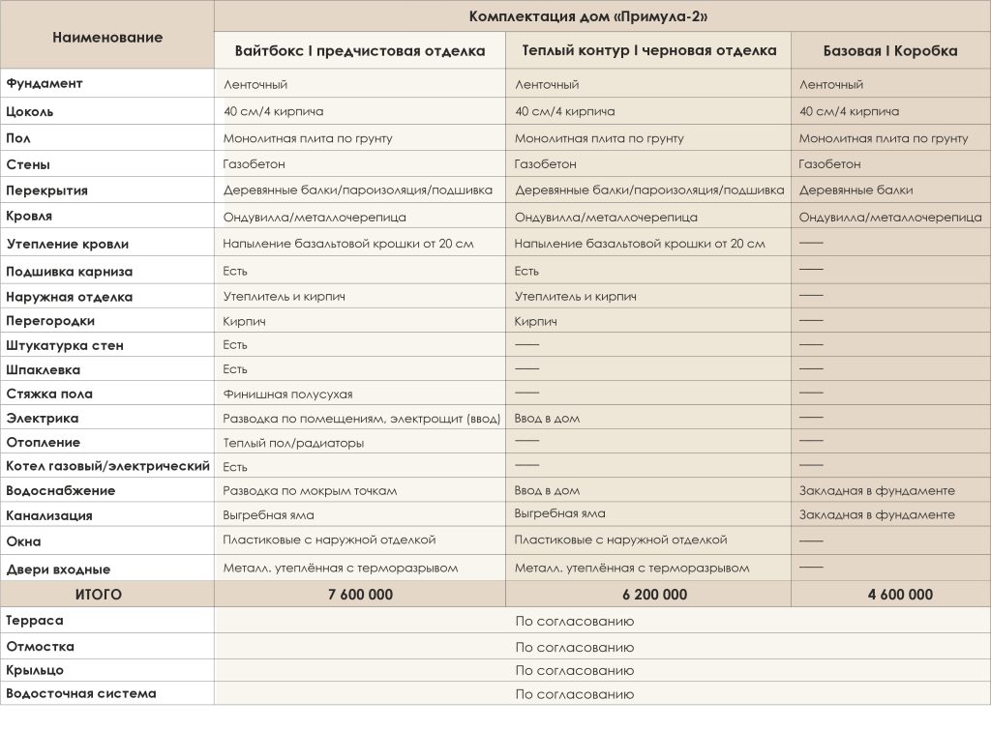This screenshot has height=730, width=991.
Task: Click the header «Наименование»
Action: click(x=107, y=38)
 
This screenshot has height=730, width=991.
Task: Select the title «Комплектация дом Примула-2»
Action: click(x=592, y=16)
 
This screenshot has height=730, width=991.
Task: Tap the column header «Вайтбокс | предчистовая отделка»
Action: click(x=360, y=51)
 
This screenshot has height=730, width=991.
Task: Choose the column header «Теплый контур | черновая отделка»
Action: click(x=648, y=51)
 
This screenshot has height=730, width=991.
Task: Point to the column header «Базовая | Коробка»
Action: click(x=890, y=51)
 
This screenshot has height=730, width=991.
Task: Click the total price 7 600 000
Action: click(x=360, y=595)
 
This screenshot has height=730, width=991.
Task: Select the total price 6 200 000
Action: click(x=648, y=595)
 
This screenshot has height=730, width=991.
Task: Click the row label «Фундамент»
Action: click(x=45, y=83)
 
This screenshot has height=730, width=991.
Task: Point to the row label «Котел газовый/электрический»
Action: click(x=107, y=466)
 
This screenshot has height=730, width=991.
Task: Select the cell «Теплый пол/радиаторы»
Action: click(x=293, y=443)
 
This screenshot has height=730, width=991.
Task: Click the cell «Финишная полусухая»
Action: click(x=287, y=394)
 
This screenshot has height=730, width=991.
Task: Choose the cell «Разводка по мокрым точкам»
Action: click(x=310, y=491)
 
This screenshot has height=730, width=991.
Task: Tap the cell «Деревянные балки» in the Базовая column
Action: click(x=856, y=190)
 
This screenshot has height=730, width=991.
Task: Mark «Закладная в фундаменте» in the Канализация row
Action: click(x=877, y=514)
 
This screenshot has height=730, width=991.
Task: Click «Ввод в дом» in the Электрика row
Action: click(x=547, y=419)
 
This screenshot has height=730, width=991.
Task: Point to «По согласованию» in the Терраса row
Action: click(x=574, y=622)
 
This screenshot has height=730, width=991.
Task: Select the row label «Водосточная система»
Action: click(x=81, y=693)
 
